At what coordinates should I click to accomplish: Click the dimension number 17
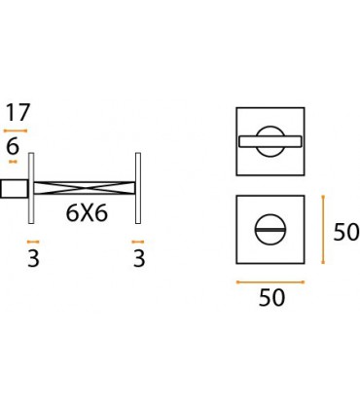(18, 112)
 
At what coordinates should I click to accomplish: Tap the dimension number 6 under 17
(13, 147)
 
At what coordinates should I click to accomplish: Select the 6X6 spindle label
(87, 213)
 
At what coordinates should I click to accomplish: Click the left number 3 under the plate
(33, 259)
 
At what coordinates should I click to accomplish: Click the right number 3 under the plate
(139, 259)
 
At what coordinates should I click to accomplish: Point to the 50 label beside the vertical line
(346, 232)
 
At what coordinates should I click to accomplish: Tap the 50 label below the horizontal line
(271, 298)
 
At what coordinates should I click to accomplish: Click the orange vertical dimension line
(323, 229)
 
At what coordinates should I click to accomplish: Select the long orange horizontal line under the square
(270, 282)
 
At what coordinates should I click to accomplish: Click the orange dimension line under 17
(16, 131)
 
